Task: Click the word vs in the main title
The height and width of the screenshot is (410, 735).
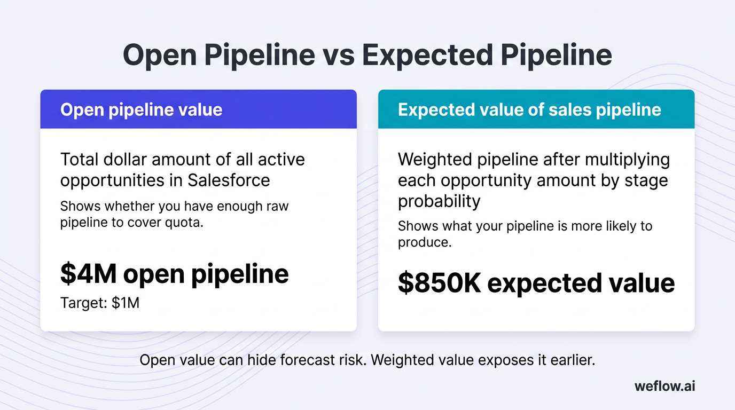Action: pyautogui.click(x=338, y=56)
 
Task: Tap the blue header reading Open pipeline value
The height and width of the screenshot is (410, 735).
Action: pyautogui.click(x=142, y=109)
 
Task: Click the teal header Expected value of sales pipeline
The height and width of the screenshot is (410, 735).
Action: pyautogui.click(x=529, y=109)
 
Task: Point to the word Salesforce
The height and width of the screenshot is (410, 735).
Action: pyautogui.click(x=229, y=180)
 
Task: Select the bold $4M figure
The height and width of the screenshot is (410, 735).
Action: pyautogui.click(x=88, y=274)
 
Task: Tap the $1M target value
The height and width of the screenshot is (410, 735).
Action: pyautogui.click(x=126, y=303)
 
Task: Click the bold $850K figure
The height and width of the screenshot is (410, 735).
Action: pyautogui.click(x=439, y=283)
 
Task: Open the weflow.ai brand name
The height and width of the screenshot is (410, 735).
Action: pyautogui.click(x=664, y=386)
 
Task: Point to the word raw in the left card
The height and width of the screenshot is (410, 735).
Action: pyautogui.click(x=277, y=206)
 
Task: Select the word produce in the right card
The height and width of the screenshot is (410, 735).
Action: pyautogui.click(x=424, y=242)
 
